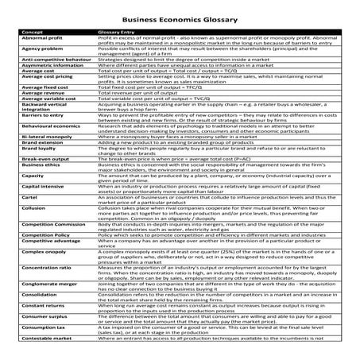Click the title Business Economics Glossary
pos(179,22)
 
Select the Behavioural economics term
pos(46,149)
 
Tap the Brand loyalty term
pos(34,172)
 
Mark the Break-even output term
pos(40,183)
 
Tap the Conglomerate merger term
pos(45,308)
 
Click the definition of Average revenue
pos(138,113)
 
